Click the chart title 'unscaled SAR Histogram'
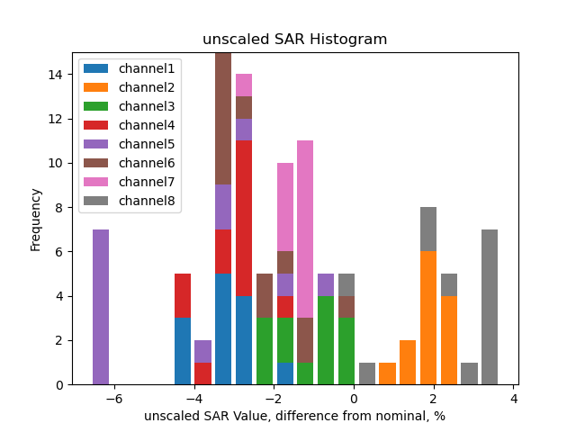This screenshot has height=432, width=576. pyautogui.click(x=294, y=40)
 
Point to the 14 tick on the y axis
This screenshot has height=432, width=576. pyautogui.click(x=56, y=75)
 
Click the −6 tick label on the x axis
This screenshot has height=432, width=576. pyautogui.click(x=113, y=399)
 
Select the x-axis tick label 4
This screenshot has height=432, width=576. pyautogui.click(x=514, y=399)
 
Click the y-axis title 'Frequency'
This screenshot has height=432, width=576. pyautogui.click(x=36, y=219)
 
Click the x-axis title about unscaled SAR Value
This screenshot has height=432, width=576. pyautogui.click(x=294, y=416)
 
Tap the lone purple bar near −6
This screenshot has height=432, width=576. pyautogui.click(x=101, y=307)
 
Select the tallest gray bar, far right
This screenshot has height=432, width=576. pyautogui.click(x=490, y=307)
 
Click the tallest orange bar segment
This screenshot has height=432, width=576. pyautogui.click(x=428, y=318)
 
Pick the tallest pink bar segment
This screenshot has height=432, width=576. pyautogui.click(x=305, y=229)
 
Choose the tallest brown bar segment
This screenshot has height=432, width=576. pyautogui.click(x=223, y=119)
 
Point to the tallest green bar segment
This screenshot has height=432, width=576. pyautogui.click(x=326, y=340)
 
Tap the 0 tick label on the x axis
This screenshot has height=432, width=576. pyautogui.click(x=355, y=399)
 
